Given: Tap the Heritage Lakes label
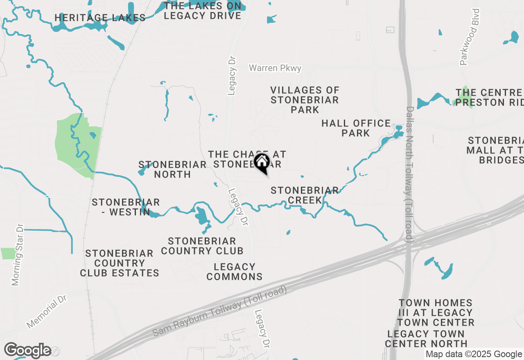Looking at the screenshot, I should [x=100, y=18].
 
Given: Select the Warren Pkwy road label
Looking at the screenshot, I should [x=275, y=68].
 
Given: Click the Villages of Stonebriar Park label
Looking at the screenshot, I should [x=305, y=100].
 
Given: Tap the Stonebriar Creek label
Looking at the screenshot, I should [x=305, y=195].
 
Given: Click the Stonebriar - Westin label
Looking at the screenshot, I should [x=126, y=207].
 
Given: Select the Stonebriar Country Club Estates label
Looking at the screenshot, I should [x=120, y=263].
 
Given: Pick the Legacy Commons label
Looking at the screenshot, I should [x=235, y=272].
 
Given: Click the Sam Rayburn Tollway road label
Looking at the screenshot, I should [x=220, y=310].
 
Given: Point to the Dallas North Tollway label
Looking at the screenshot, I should [x=409, y=174].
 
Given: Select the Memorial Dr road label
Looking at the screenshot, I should [x=47, y=311].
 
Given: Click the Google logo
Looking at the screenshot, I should [x=28, y=351].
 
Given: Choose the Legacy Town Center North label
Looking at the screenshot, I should [x=426, y=339].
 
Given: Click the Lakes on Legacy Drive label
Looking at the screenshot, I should [x=202, y=11].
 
